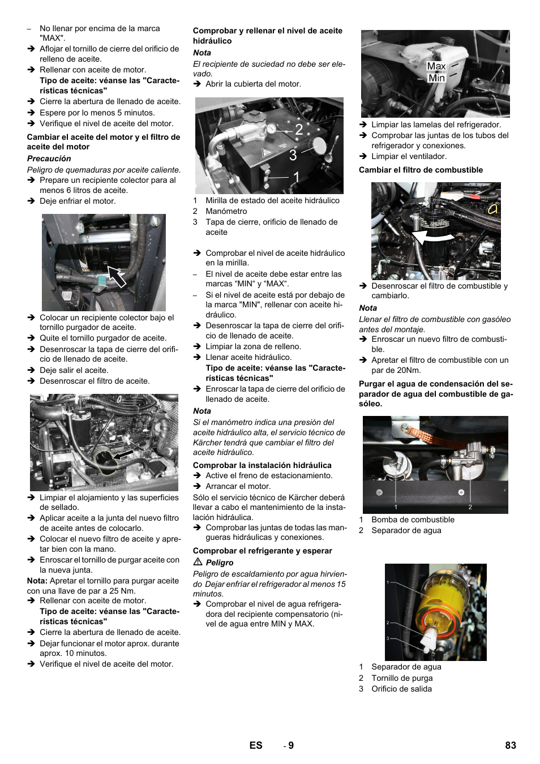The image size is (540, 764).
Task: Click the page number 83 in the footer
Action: (510, 745)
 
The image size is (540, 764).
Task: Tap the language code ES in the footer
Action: (256, 745)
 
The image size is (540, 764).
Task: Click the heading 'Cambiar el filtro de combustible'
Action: (421, 170)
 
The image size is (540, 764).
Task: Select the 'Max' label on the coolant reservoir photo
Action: (436, 66)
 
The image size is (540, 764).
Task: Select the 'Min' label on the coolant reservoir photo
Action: (436, 78)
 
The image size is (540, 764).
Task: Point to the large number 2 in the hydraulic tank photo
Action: (299, 130)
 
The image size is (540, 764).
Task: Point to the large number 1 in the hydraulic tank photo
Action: (296, 178)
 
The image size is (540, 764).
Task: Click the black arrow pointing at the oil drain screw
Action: (117, 276)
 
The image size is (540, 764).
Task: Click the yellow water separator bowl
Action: (435, 606)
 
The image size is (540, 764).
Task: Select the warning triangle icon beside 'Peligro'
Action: (198, 562)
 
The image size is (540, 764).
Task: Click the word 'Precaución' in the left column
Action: (49, 158)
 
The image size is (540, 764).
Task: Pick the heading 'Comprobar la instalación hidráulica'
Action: (262, 465)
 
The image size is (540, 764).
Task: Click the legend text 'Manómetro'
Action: (226, 211)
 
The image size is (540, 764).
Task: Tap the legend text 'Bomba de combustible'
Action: (413, 520)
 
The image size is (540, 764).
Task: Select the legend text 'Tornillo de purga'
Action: (402, 678)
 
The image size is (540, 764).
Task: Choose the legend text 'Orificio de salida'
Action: (401, 689)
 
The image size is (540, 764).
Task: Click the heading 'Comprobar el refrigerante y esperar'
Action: (262, 551)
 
